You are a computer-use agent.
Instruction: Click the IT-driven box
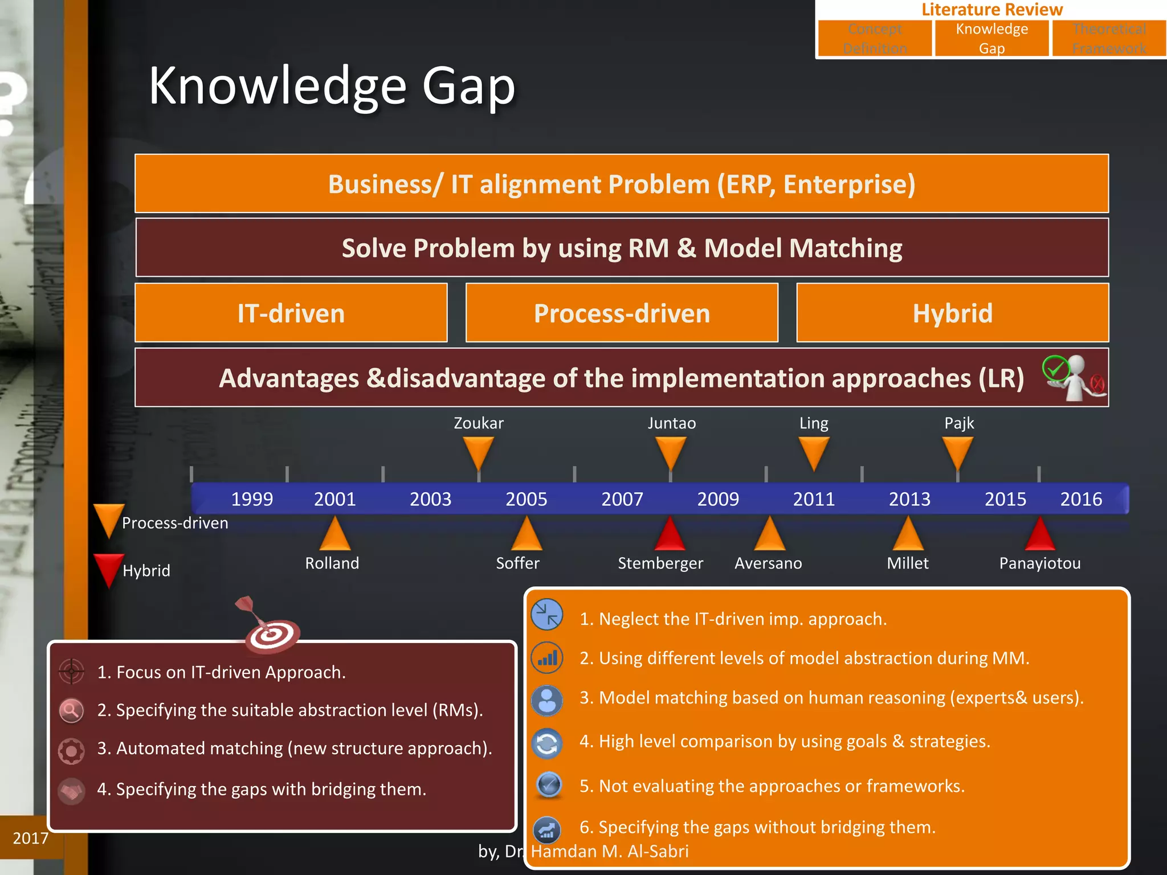pyautogui.click(x=291, y=313)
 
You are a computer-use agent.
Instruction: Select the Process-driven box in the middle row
pyautogui.click(x=622, y=313)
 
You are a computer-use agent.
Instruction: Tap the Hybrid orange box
pyautogui.click(x=952, y=313)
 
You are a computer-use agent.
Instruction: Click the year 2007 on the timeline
pyautogui.click(x=622, y=499)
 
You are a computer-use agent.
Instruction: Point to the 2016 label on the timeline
pyautogui.click(x=1081, y=499)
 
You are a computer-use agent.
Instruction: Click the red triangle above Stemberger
pyautogui.click(x=670, y=535)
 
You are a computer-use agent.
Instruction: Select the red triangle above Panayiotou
pyautogui.click(x=1040, y=535)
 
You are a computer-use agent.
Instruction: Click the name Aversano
pyautogui.click(x=768, y=563)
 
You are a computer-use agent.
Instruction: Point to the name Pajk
pyautogui.click(x=959, y=423)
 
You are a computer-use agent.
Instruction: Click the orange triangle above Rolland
pyautogui.click(x=335, y=535)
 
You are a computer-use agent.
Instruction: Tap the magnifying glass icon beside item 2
pyautogui.click(x=71, y=710)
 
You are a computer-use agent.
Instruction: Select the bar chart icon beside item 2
pyautogui.click(x=547, y=658)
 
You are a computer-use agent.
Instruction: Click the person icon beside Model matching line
pyautogui.click(x=547, y=700)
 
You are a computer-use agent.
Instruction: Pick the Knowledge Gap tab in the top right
pyautogui.click(x=991, y=38)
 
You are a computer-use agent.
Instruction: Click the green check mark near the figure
pyautogui.click(x=1056, y=369)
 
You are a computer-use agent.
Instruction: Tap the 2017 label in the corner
pyautogui.click(x=30, y=838)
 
